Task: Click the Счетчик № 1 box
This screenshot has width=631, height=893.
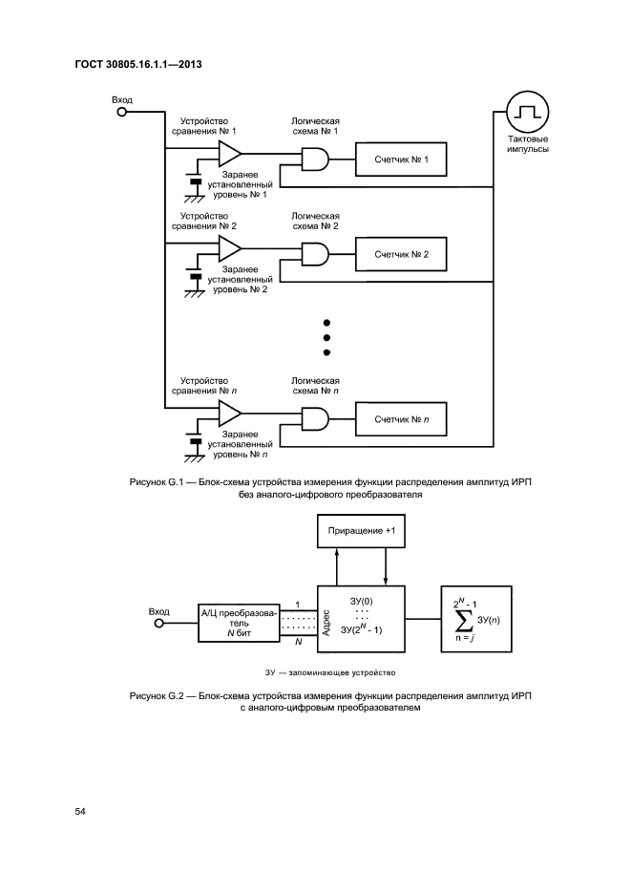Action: coord(401,162)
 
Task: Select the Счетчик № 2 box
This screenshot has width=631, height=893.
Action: coord(401,255)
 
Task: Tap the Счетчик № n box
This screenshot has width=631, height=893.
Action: coord(401,418)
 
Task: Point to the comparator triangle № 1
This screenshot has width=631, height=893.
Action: coord(230,154)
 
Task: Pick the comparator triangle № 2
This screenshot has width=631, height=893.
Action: coord(230,248)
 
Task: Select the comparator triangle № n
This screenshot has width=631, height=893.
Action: coord(230,412)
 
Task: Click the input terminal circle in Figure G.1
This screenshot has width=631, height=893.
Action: coord(121,112)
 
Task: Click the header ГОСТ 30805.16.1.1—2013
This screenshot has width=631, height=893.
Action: coord(141,65)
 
